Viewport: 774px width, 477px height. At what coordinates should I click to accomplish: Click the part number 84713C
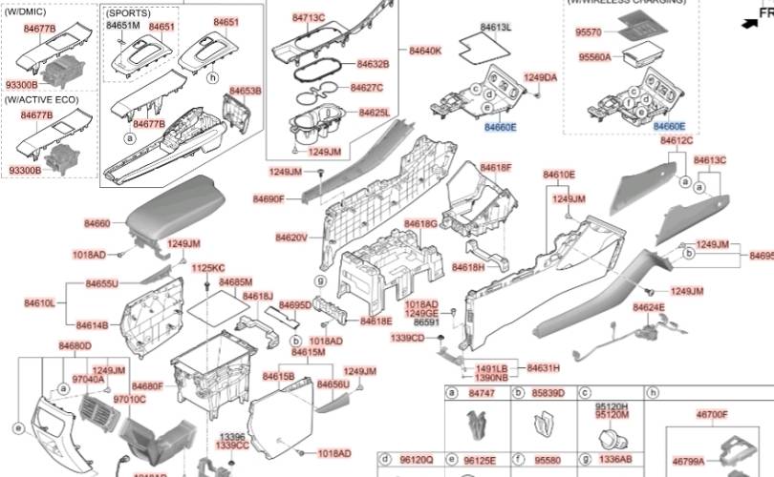tap(309, 18)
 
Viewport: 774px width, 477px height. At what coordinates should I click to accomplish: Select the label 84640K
tap(425, 50)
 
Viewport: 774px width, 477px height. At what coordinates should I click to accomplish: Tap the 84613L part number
tap(494, 26)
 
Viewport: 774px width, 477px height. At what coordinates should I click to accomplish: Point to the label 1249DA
tap(541, 77)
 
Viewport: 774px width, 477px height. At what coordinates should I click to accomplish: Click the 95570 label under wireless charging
tap(589, 32)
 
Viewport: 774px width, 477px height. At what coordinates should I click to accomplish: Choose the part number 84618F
tap(496, 167)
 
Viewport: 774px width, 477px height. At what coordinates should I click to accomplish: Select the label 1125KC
tap(207, 268)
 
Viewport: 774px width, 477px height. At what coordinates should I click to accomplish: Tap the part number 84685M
tap(235, 282)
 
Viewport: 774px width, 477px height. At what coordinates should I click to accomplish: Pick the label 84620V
tap(291, 238)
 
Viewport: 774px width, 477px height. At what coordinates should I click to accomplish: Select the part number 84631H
tap(543, 367)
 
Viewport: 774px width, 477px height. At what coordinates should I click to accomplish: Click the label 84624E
tap(649, 307)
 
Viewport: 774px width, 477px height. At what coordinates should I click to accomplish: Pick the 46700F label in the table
tap(710, 415)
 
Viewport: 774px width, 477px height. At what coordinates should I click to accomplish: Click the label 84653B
tap(245, 91)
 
